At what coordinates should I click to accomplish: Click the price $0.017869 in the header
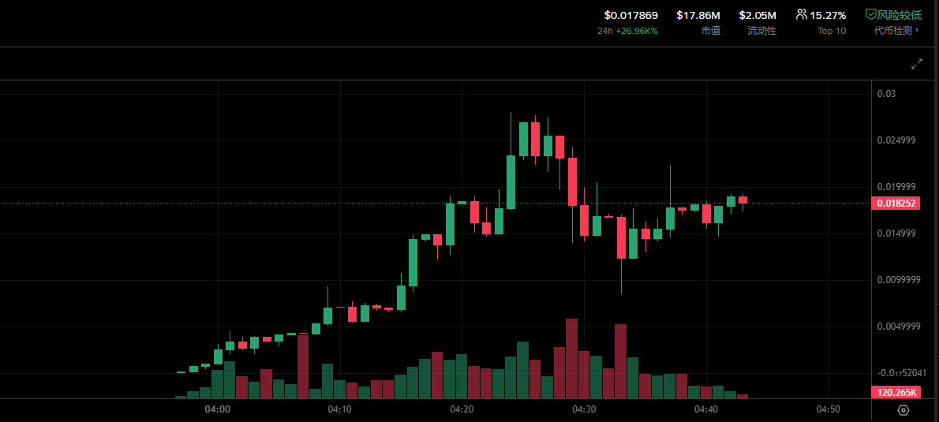click(630, 15)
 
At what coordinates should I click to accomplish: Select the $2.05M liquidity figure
click(758, 15)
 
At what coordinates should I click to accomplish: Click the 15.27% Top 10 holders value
click(828, 15)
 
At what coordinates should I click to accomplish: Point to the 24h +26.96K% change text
click(627, 31)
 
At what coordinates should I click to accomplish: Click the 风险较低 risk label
click(899, 15)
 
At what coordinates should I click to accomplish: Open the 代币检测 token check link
click(896, 31)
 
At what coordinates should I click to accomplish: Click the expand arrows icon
click(917, 64)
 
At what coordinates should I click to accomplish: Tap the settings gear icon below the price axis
click(903, 410)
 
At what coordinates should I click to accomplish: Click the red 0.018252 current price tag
click(895, 203)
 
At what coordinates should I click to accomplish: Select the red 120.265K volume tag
click(895, 392)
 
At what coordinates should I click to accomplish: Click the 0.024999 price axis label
click(896, 140)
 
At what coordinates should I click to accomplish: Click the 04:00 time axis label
click(217, 409)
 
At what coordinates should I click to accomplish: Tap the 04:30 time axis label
click(584, 409)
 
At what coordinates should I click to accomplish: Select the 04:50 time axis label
click(828, 409)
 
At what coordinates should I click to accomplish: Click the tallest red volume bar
click(571, 359)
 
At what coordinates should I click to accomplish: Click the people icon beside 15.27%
click(802, 14)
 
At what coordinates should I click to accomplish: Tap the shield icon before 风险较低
click(871, 14)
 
